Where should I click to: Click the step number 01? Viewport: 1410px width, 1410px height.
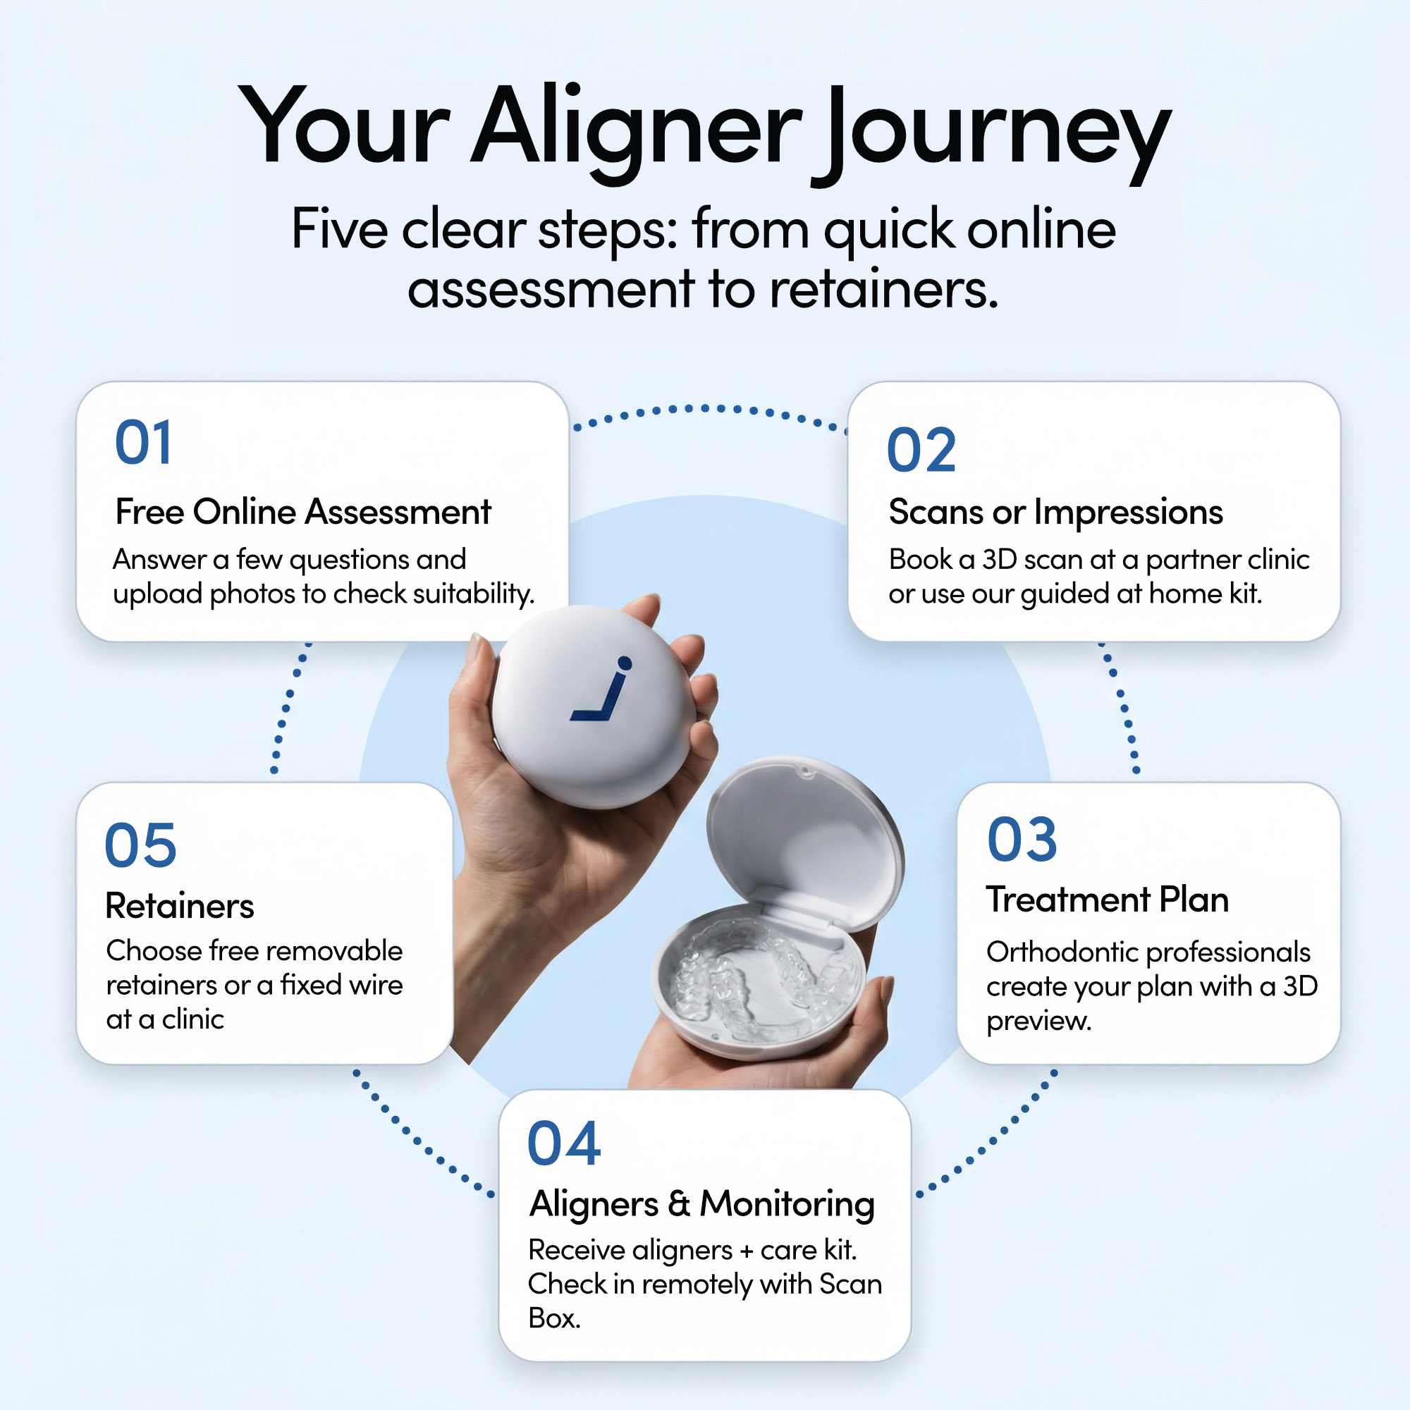tap(144, 442)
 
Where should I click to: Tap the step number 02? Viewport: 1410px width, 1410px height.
tap(921, 450)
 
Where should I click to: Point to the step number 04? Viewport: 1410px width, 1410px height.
tap(563, 1144)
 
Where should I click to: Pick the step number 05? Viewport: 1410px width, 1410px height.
tap(141, 845)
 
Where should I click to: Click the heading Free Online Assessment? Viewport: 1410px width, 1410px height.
tap(303, 512)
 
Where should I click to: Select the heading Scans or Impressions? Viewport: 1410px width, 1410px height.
tap(1055, 512)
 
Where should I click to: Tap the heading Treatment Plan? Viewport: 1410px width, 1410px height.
tap(1107, 899)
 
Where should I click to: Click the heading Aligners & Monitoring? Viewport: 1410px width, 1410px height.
tap(701, 1203)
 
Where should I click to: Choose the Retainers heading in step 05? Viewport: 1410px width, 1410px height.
tap(180, 906)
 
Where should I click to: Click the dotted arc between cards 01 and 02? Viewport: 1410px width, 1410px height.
tap(708, 409)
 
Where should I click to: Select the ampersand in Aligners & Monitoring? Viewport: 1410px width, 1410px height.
tap(679, 1203)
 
